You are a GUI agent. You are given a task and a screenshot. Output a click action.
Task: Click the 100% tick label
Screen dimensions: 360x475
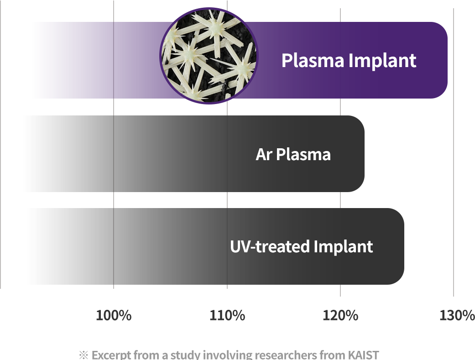click(114, 315)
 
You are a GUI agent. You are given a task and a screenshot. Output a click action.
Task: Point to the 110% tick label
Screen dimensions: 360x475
click(227, 315)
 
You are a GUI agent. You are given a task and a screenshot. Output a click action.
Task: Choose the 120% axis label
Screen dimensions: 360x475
click(340, 315)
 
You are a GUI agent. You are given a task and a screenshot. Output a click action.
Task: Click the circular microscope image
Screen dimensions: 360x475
click(209, 56)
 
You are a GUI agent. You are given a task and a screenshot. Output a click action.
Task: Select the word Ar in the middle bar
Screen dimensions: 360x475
click(264, 154)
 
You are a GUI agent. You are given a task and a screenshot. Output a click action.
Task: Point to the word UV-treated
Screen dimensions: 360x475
click(270, 247)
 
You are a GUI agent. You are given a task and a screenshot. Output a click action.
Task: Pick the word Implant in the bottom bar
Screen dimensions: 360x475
click(343, 247)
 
